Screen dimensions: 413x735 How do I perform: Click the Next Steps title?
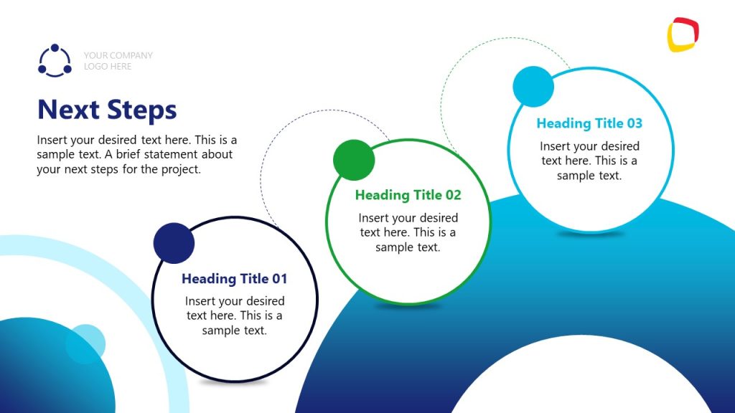pyautogui.click(x=107, y=110)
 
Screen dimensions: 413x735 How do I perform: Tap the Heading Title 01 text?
pyautogui.click(x=234, y=278)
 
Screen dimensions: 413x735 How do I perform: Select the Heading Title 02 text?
pyautogui.click(x=408, y=195)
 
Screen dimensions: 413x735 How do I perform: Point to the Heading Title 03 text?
pyautogui.click(x=589, y=123)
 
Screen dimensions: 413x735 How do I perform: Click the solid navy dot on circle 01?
pyautogui.click(x=174, y=243)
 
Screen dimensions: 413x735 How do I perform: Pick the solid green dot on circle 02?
pyautogui.click(x=354, y=160)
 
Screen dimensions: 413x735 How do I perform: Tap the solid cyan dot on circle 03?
pyautogui.click(x=533, y=87)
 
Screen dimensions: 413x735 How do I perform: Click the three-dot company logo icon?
pyautogui.click(x=55, y=61)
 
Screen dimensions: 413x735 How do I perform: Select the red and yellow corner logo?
pyautogui.click(x=683, y=34)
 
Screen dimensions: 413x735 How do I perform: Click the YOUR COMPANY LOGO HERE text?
pyautogui.click(x=118, y=61)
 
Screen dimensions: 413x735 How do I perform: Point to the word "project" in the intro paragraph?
pyautogui.click(x=180, y=170)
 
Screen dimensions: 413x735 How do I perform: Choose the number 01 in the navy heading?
pyautogui.click(x=278, y=278)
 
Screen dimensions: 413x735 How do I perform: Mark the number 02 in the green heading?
pyautogui.click(x=452, y=195)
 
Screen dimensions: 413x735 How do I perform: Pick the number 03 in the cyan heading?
pyautogui.click(x=634, y=123)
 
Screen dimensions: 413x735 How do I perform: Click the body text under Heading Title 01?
pyautogui.click(x=235, y=315)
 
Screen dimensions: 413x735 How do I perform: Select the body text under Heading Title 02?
pyautogui.click(x=408, y=232)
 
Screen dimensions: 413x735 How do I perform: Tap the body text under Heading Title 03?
pyautogui.click(x=589, y=161)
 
